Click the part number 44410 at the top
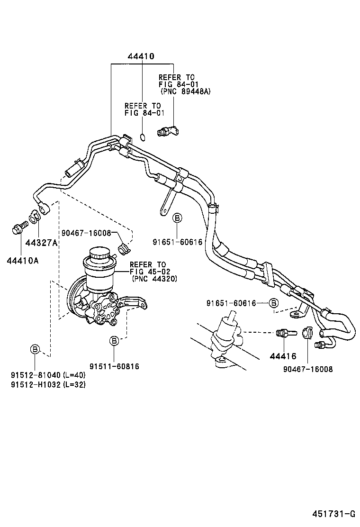point(141,56)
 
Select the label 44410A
point(23,260)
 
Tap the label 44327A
point(42,243)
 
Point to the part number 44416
point(283,356)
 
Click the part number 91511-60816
point(114,366)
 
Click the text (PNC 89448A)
point(185,91)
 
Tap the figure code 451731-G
point(333,513)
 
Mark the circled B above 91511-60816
point(114,340)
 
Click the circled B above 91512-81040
point(35,350)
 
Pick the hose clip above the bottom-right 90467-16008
point(305,333)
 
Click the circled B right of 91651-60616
point(273,303)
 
